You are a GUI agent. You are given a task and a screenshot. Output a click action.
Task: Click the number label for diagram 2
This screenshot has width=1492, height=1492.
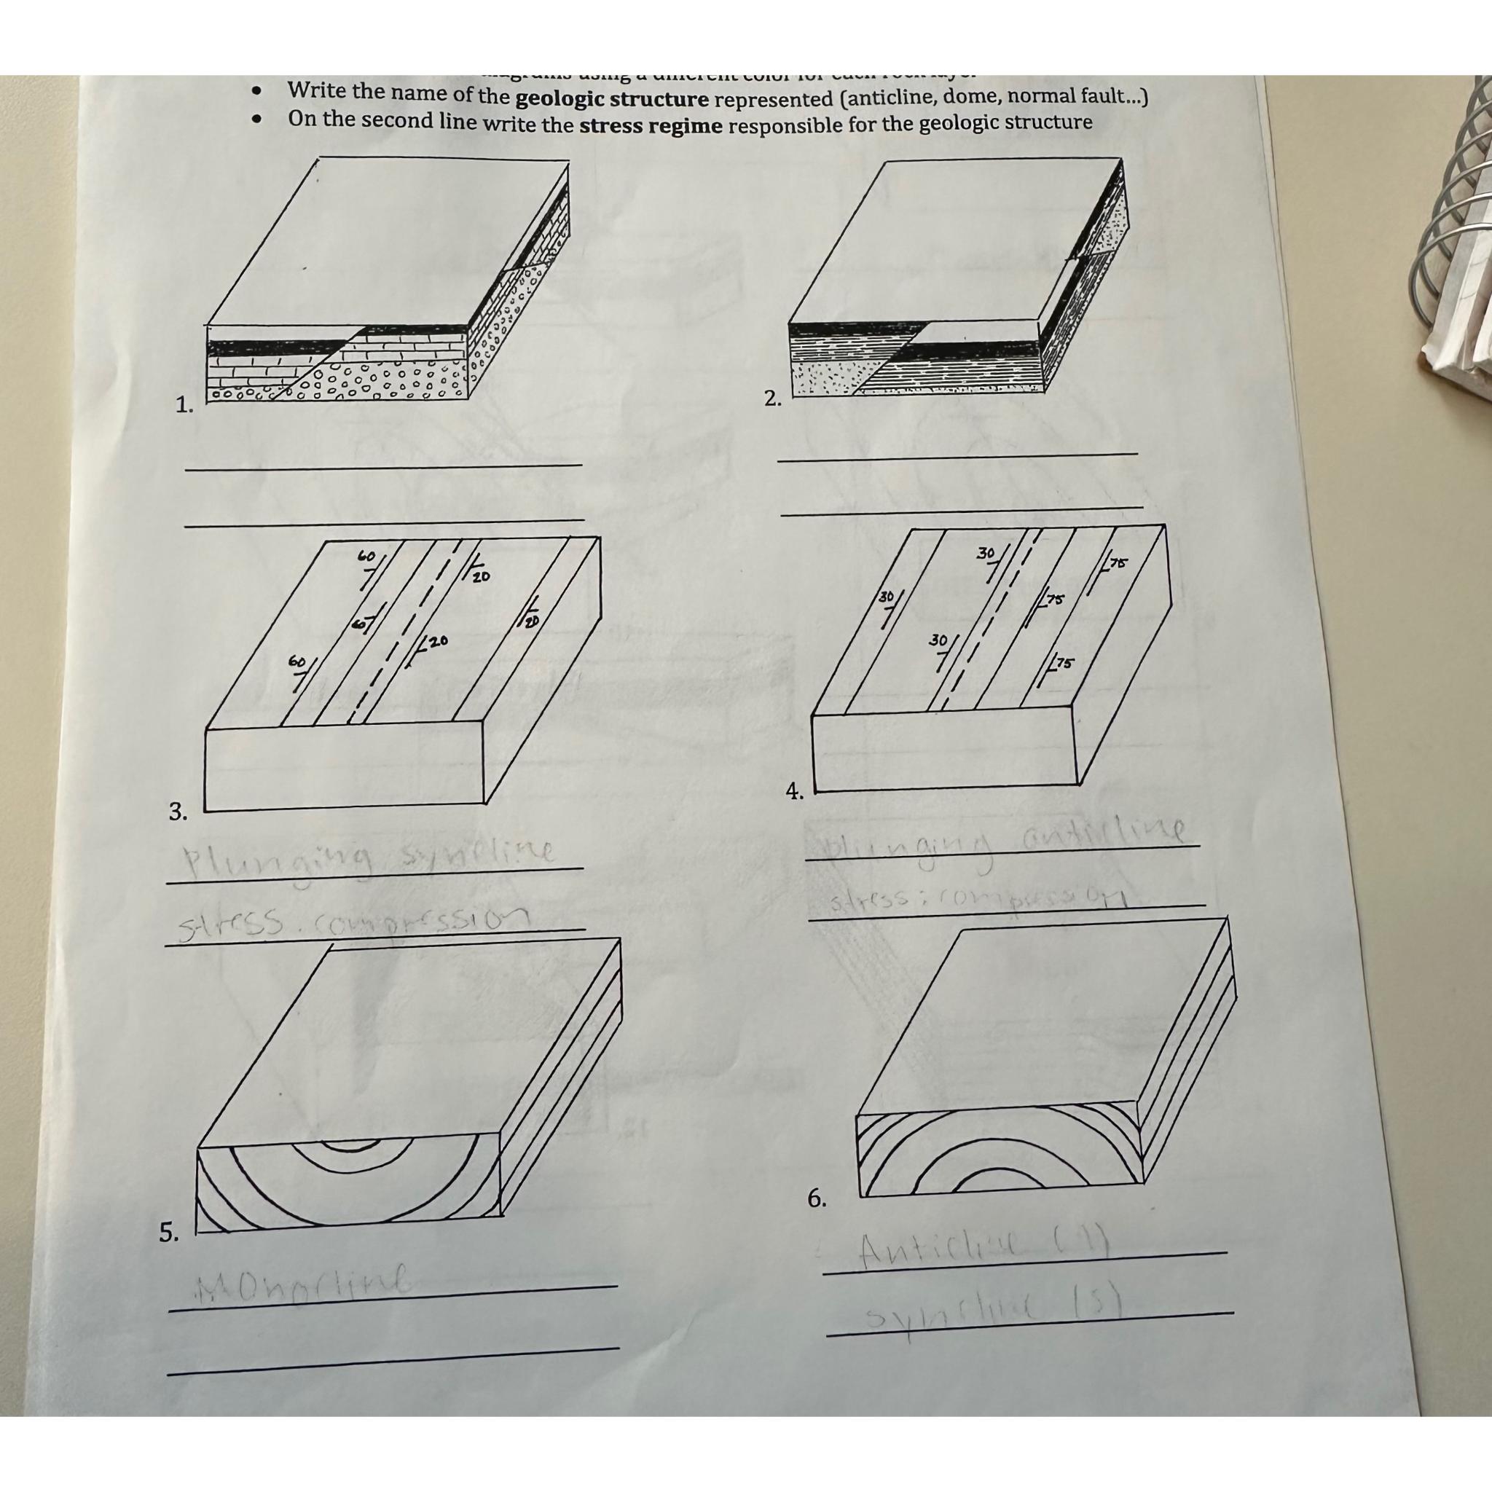tap(771, 398)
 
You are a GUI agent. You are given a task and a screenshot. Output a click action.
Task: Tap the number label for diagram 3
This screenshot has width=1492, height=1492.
tap(178, 812)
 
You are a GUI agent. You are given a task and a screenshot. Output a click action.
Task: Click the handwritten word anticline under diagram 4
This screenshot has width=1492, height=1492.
tap(1103, 834)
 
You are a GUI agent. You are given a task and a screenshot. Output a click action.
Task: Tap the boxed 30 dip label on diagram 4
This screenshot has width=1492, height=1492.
tap(886, 597)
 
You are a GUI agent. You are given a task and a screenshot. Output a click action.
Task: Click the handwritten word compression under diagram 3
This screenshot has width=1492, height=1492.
tap(413, 918)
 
